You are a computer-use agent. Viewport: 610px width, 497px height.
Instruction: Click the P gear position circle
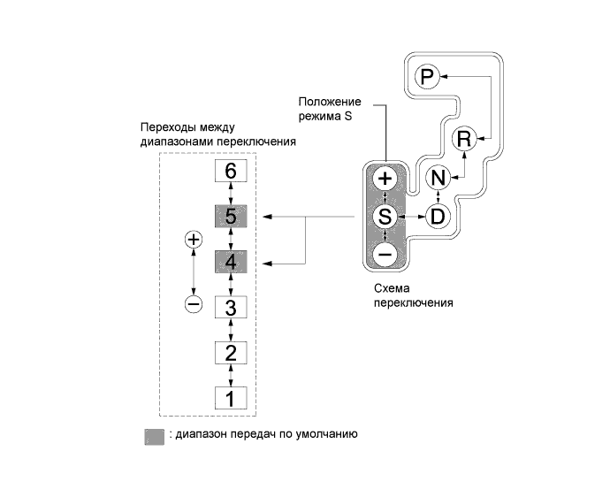pyautogui.click(x=428, y=79)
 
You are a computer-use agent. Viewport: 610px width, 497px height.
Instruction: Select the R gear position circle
pyautogui.click(x=464, y=137)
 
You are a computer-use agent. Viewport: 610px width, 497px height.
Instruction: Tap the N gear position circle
pyautogui.click(x=438, y=178)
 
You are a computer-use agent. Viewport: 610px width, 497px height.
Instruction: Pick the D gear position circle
pyautogui.click(x=438, y=215)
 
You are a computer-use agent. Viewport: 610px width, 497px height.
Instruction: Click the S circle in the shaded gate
pyautogui.click(x=385, y=216)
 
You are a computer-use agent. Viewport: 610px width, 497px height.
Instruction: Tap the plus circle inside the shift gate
pyautogui.click(x=385, y=178)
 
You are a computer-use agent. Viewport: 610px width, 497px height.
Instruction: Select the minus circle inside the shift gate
pyautogui.click(x=385, y=254)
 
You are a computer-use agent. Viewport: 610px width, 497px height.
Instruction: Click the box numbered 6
pyautogui.click(x=231, y=171)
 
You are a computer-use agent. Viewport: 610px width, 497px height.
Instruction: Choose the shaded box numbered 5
pyautogui.click(x=231, y=216)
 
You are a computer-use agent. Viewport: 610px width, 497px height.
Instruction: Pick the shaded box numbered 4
pyautogui.click(x=231, y=262)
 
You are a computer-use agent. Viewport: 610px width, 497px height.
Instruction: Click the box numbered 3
pyautogui.click(x=231, y=308)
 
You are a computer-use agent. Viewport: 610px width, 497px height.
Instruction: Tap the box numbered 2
pyautogui.click(x=231, y=353)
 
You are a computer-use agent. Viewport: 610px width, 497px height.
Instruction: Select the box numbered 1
pyautogui.click(x=231, y=398)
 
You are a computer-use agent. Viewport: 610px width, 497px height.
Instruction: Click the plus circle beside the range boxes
pyautogui.click(x=194, y=240)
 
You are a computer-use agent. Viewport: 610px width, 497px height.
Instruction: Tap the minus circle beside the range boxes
pyautogui.click(x=194, y=304)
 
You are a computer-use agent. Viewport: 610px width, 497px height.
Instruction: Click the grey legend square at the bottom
pyautogui.click(x=154, y=437)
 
